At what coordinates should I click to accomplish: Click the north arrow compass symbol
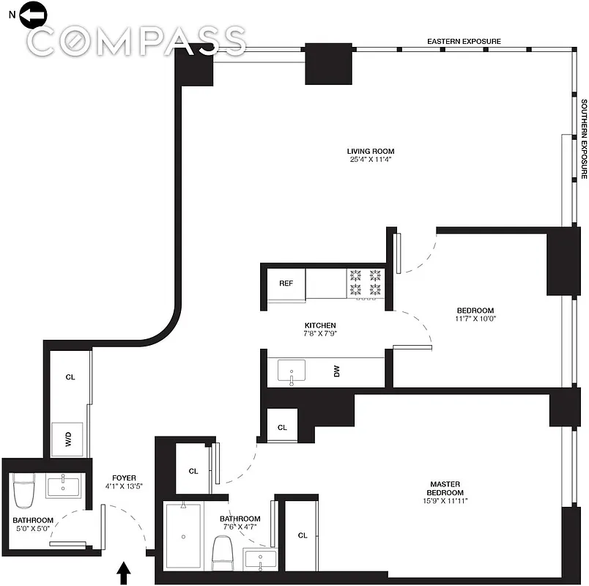tap(34, 13)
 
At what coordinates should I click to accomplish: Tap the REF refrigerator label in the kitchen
tap(286, 283)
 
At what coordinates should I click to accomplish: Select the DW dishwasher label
tap(337, 371)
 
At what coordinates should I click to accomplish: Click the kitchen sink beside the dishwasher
tap(294, 371)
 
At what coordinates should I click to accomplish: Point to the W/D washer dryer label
tap(68, 439)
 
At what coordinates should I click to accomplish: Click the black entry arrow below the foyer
tap(124, 571)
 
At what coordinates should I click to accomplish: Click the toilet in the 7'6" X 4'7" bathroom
tap(223, 554)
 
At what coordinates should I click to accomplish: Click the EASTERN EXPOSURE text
tap(464, 42)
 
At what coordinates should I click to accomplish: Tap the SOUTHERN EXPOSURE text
tap(584, 139)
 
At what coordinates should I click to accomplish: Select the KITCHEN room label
tap(320, 325)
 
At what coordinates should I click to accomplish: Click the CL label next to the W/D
tap(70, 377)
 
